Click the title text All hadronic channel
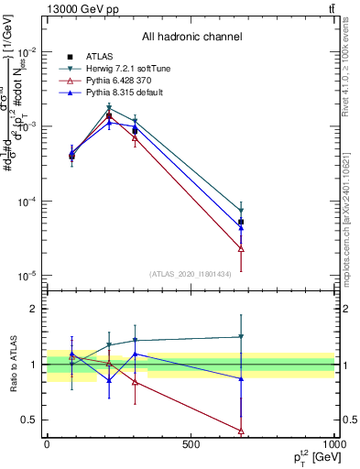[191, 38]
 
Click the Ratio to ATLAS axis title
[12, 364]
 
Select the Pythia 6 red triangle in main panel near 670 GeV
[241, 248]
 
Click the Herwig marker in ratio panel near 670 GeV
[241, 337]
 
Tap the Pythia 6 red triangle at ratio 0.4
[241, 431]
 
